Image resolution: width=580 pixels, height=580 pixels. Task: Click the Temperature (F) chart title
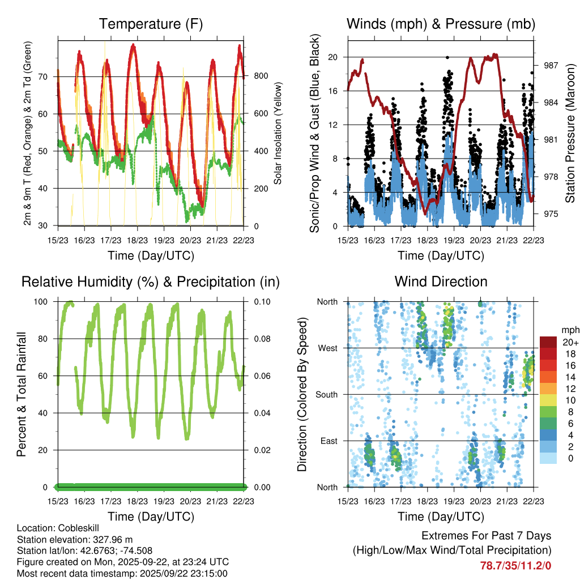coord(151,24)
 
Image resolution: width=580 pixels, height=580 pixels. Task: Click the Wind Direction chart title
coord(441,282)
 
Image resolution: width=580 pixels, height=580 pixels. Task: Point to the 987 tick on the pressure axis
coord(551,66)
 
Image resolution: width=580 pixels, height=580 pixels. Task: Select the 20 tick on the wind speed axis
coord(333,57)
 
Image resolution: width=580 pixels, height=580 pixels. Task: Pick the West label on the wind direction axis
coord(328,348)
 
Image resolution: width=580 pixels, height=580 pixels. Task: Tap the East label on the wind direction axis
coord(329,441)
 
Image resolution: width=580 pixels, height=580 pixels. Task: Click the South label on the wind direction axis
coord(326,394)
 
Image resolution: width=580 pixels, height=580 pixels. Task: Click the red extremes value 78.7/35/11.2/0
coord(515,566)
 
